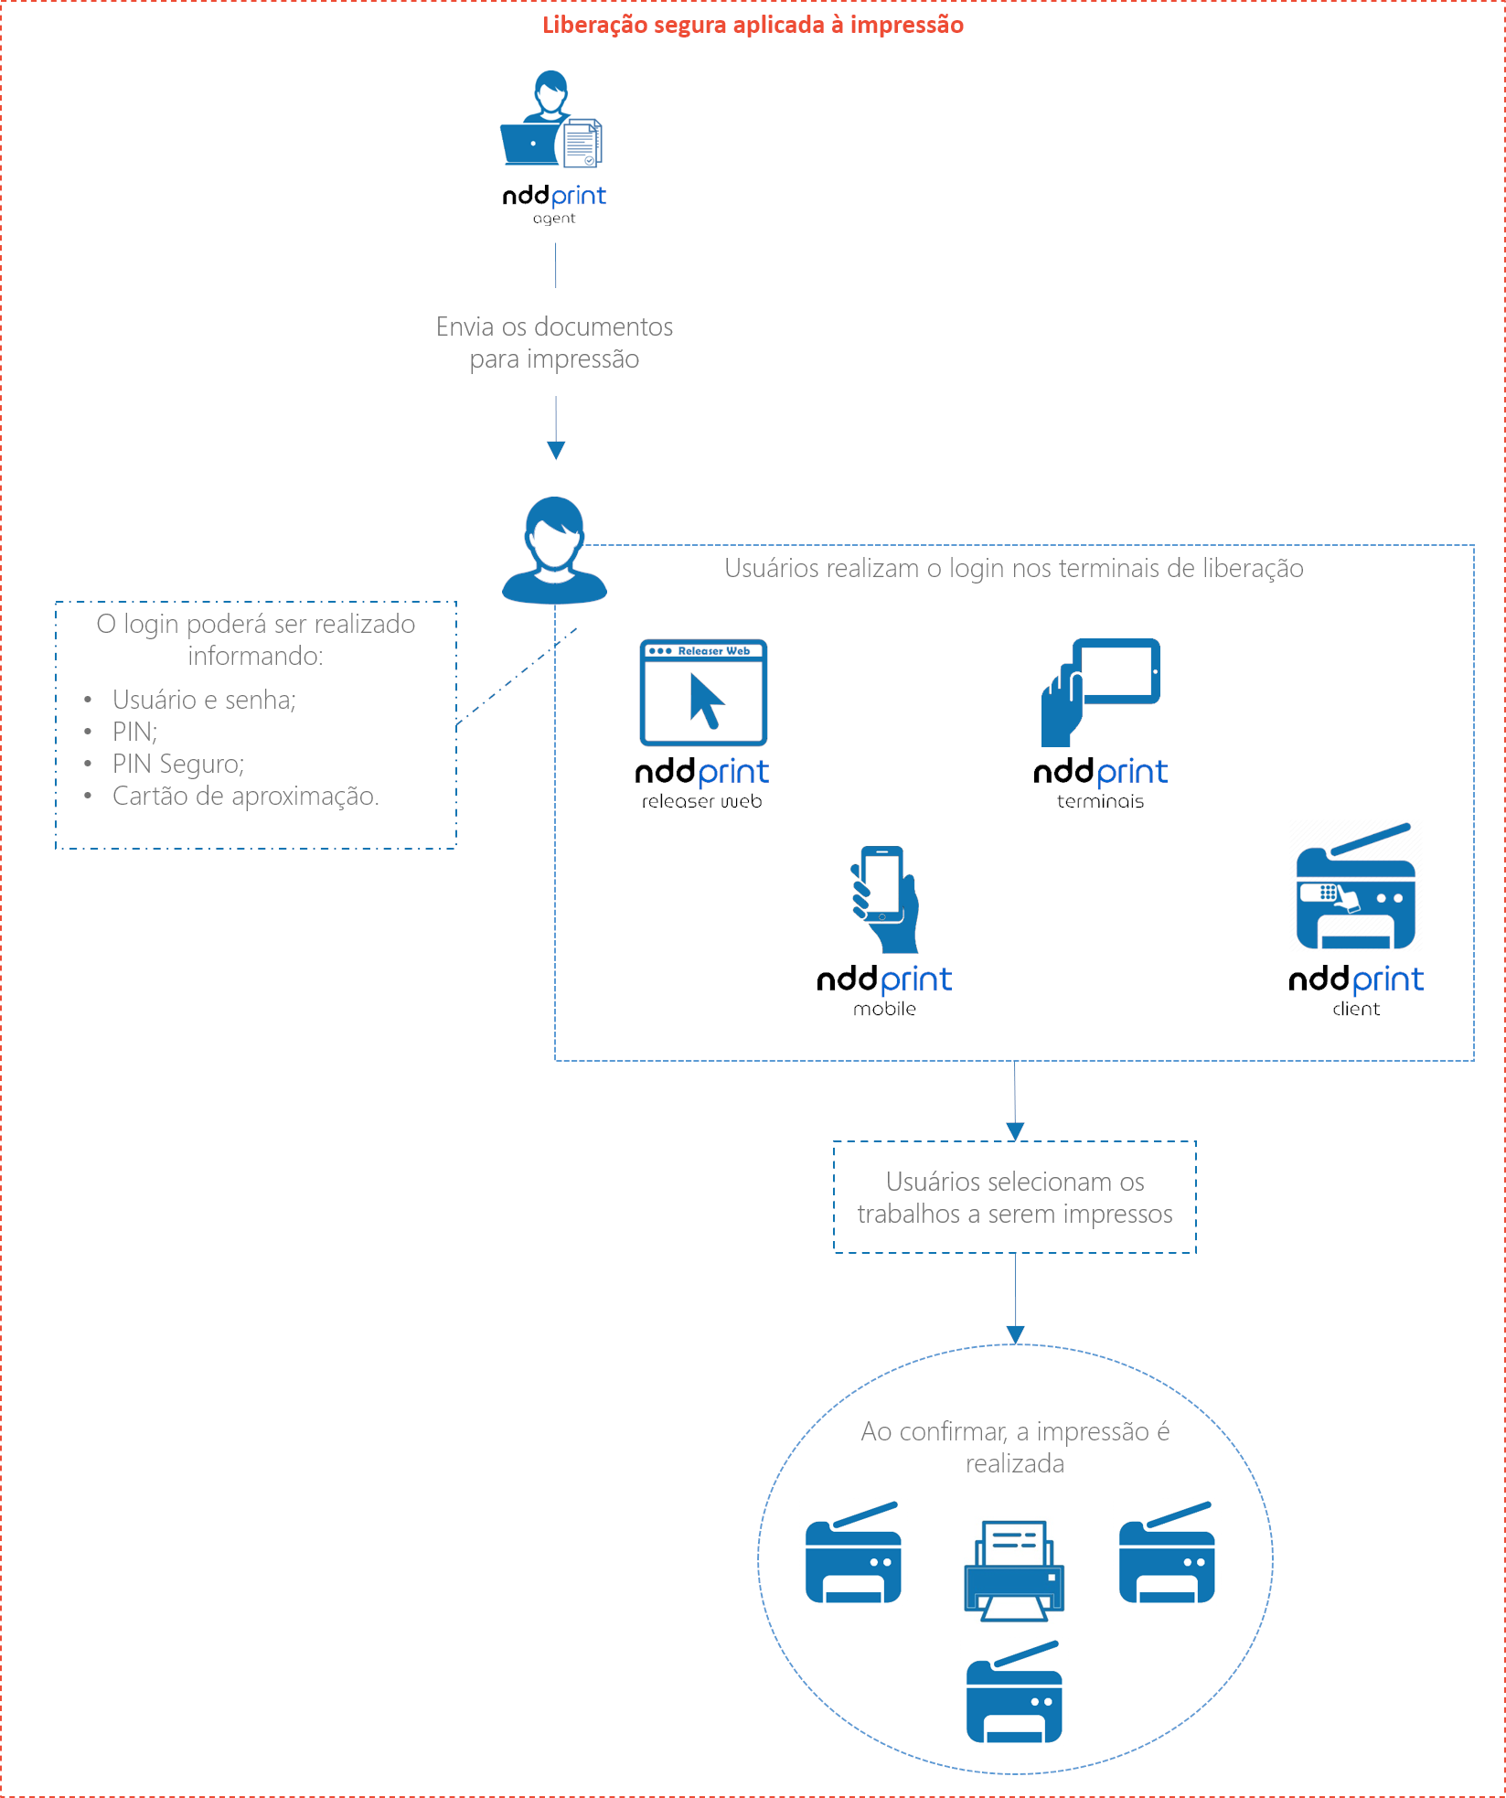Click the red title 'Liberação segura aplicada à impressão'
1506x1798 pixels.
pos(753,25)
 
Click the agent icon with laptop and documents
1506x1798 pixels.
pos(551,120)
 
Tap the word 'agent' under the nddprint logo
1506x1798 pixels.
pos(554,219)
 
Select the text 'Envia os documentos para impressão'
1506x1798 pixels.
pos(554,342)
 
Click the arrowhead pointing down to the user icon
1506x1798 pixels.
pos(556,450)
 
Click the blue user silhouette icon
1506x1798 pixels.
pos(554,551)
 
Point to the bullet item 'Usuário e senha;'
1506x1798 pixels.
pos(204,700)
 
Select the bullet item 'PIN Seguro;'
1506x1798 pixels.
pos(178,764)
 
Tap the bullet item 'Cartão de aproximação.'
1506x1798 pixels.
pos(245,796)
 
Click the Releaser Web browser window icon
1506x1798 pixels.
pos(703,692)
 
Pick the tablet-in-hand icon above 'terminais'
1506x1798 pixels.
pos(1101,691)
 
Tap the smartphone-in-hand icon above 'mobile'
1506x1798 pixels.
pos(884,899)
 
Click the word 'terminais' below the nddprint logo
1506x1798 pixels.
pos(1100,802)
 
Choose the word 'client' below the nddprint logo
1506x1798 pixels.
pos(1356,1010)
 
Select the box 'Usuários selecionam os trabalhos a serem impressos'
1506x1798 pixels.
pos(1015,1197)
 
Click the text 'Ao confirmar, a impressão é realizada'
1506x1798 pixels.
pos(1015,1447)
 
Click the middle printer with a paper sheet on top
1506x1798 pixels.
pos(1014,1570)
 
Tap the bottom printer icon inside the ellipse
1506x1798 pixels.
pos(1014,1693)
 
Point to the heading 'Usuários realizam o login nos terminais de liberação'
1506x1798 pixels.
pos(1014,569)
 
